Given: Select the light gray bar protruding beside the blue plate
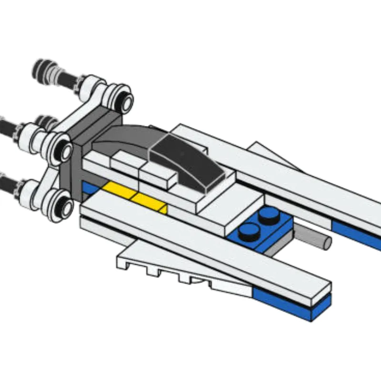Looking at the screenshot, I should pyautogui.click(x=312, y=237).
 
